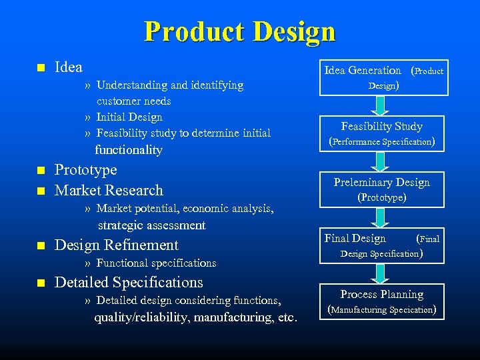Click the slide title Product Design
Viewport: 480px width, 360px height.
click(239, 31)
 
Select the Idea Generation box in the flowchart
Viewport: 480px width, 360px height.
click(383, 77)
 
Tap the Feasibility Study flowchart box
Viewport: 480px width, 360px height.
click(382, 133)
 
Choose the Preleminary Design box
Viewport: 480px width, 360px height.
click(382, 189)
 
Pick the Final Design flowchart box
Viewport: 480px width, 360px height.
click(382, 245)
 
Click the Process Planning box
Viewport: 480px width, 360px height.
click(382, 301)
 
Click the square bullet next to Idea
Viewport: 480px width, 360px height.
click(39, 68)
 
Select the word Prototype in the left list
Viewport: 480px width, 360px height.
click(85, 170)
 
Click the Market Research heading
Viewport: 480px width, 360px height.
click(109, 191)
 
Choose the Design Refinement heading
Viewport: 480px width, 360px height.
click(117, 245)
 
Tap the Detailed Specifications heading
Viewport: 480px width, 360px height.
click(129, 283)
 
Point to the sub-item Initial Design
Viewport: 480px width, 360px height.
click(129, 117)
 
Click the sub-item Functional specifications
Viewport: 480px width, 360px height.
click(156, 263)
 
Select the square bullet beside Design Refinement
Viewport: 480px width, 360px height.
click(39, 246)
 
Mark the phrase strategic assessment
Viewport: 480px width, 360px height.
click(152, 225)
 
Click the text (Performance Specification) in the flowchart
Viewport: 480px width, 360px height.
click(382, 141)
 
